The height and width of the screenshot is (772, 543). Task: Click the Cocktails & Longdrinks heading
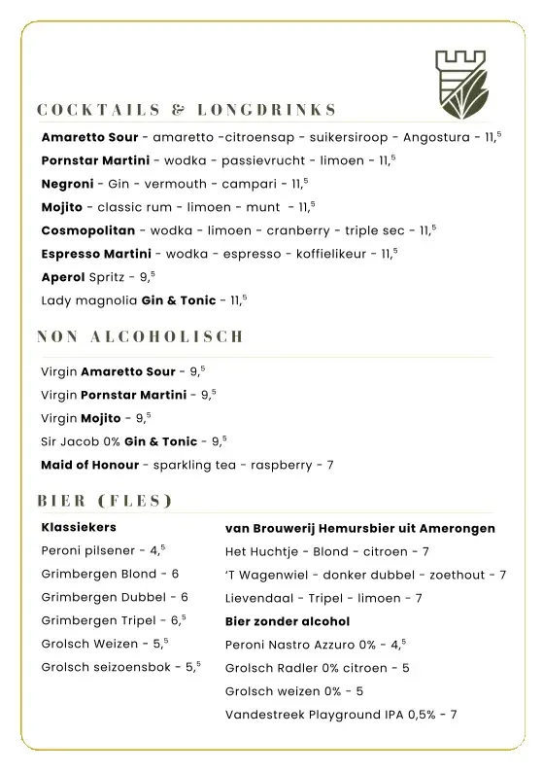click(x=187, y=109)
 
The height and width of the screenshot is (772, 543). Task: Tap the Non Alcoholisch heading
click(x=140, y=337)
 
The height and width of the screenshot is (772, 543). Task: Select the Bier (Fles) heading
click(x=105, y=502)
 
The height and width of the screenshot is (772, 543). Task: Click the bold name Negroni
click(x=67, y=183)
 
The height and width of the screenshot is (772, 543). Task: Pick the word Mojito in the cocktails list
click(x=61, y=207)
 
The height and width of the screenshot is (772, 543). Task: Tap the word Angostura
click(x=439, y=137)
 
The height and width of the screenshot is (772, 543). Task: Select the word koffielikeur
click(x=327, y=254)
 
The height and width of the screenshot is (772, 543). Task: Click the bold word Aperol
click(x=63, y=277)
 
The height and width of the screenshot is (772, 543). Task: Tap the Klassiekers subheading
click(x=79, y=527)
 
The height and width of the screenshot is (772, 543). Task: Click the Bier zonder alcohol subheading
click(x=287, y=620)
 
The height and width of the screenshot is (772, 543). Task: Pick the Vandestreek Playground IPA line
click(x=340, y=714)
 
